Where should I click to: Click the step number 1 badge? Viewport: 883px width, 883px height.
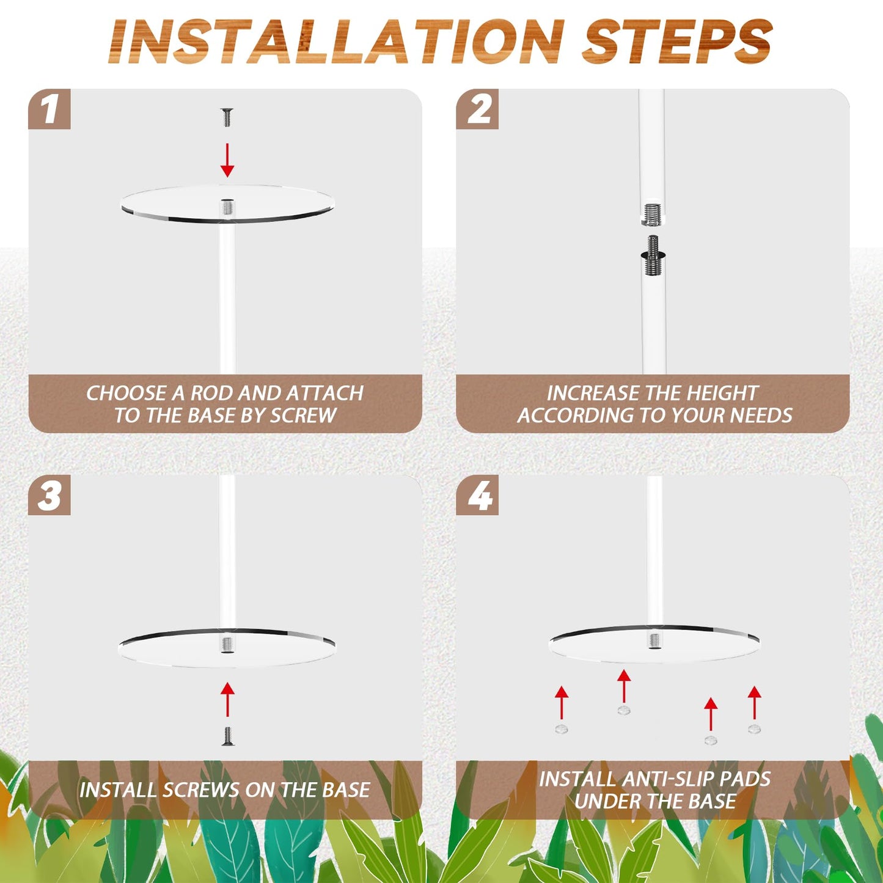49,109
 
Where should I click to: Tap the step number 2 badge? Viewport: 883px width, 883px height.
477,109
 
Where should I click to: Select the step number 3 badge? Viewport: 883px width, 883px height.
49,495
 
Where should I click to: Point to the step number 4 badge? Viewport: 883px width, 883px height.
477,495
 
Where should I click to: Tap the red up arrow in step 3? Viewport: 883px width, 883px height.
227,699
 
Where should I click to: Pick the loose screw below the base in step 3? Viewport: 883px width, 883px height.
227,736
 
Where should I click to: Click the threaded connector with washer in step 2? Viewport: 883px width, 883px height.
653,255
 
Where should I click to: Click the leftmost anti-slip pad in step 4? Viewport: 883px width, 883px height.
562,729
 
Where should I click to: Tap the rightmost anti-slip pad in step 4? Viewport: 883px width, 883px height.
754,728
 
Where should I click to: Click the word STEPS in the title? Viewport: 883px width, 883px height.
677,42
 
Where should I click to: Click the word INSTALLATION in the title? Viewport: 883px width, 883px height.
337,42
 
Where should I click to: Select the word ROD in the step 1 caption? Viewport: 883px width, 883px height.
211,393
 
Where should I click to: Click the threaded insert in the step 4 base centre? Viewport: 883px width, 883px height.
654,640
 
